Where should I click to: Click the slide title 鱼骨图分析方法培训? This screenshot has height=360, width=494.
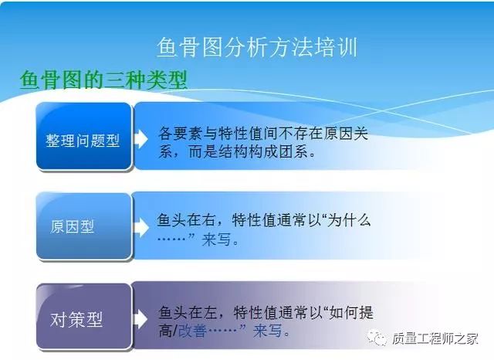pyautogui.click(x=257, y=48)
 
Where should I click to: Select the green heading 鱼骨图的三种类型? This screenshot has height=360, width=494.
pyautogui.click(x=103, y=80)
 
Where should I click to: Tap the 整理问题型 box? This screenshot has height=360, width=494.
pyautogui.click(x=83, y=136)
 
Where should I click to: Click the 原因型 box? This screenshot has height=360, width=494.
pyautogui.click(x=83, y=226)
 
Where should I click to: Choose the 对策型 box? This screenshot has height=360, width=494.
pyautogui.click(x=83, y=316)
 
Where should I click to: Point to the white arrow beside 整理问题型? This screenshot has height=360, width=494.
pyautogui.click(x=140, y=139)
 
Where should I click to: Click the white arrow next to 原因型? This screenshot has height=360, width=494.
pyautogui.click(x=141, y=227)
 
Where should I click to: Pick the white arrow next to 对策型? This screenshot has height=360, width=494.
pyautogui.click(x=140, y=319)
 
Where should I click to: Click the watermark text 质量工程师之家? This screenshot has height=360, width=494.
pyautogui.click(x=435, y=338)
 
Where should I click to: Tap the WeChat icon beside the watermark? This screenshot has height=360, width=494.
pyautogui.click(x=377, y=338)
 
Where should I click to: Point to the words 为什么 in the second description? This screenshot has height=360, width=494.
pyautogui.click(x=349, y=219)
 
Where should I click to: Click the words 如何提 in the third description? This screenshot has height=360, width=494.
pyautogui.click(x=350, y=312)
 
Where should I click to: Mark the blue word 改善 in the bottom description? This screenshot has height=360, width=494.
pyautogui.click(x=192, y=331)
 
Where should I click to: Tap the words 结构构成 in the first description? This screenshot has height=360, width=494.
pyautogui.click(x=249, y=151)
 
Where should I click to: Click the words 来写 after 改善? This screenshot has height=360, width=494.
pyautogui.click(x=268, y=331)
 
